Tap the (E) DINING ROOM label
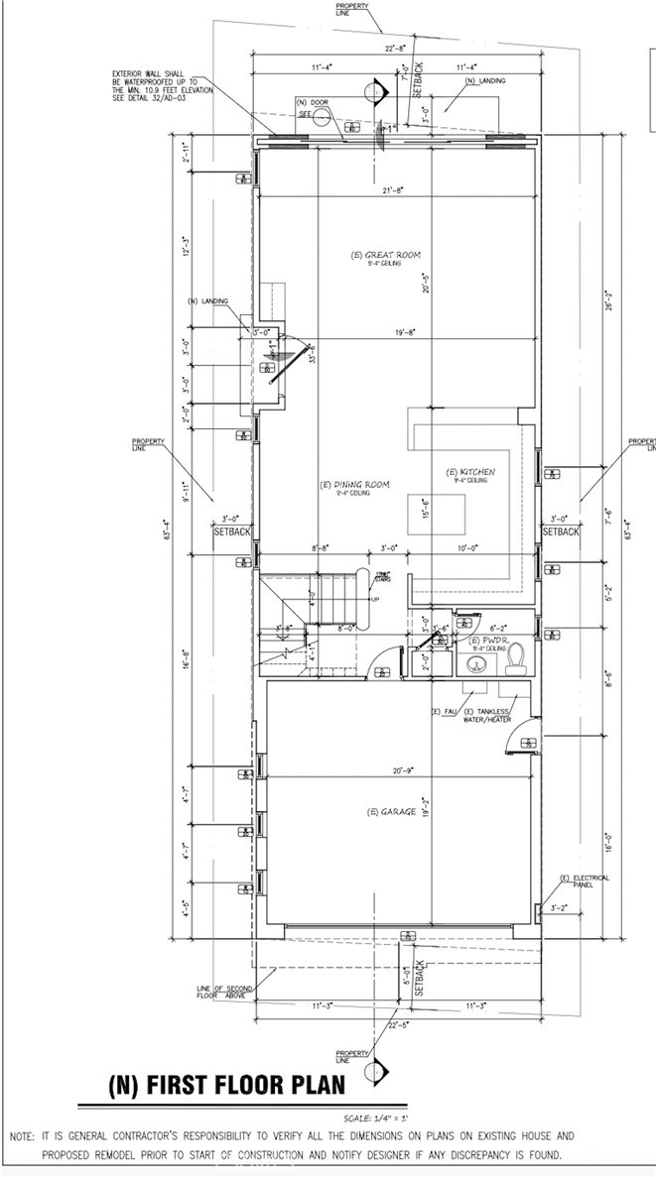click(354, 485)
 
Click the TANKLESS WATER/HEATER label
click(486, 715)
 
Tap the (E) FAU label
click(442, 712)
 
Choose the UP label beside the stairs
click(374, 599)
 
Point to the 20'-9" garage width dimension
click(402, 770)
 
